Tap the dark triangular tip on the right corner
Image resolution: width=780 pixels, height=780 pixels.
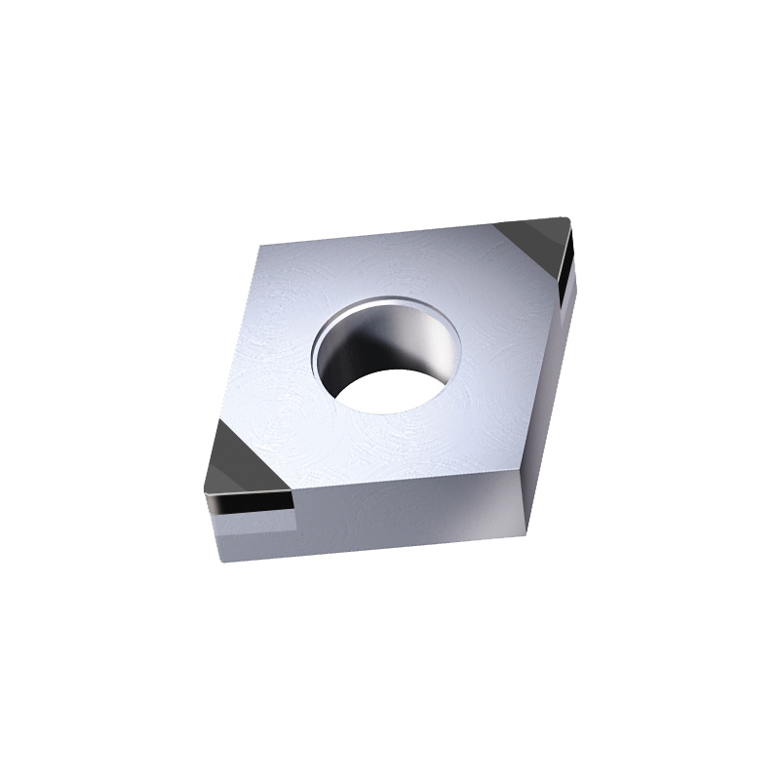[534, 239]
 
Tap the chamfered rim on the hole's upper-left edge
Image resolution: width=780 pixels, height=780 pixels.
[327, 327]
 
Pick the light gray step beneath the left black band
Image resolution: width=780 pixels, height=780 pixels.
[253, 533]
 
